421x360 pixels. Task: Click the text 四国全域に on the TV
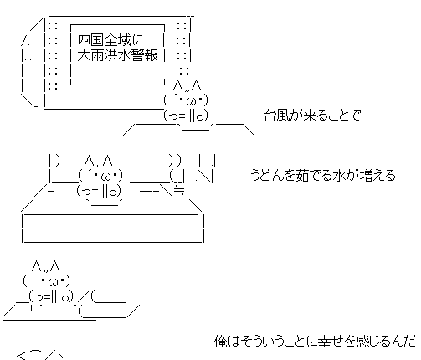110,40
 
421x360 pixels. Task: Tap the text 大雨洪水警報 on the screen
118,55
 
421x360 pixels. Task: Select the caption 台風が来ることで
312,115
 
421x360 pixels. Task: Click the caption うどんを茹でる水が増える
323,175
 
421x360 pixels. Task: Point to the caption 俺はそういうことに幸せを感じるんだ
316,341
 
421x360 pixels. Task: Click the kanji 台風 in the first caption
276,115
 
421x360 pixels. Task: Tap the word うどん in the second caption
270,175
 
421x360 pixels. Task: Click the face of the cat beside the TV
186,100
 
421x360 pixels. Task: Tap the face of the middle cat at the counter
100,176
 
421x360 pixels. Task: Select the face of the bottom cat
47,281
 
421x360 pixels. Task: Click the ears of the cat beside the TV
187,85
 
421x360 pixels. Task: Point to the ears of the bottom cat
46,266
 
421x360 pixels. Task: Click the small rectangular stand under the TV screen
123,103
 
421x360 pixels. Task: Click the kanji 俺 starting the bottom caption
221,341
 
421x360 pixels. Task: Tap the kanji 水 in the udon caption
337,175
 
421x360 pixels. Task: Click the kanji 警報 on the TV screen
145,55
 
